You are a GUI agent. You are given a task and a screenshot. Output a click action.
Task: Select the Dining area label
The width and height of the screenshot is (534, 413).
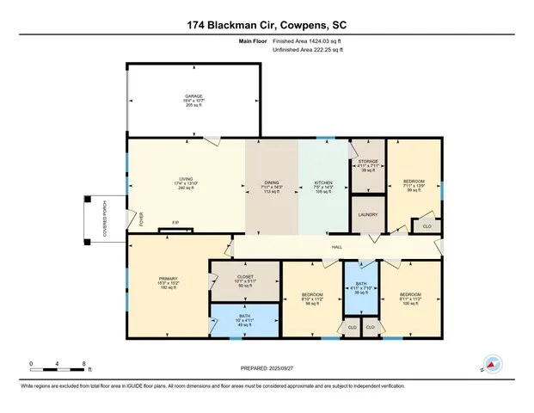[271, 183]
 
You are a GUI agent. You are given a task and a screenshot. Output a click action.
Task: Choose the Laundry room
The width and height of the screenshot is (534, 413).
[367, 215]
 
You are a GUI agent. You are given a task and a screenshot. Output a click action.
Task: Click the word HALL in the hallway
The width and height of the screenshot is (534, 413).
[338, 247]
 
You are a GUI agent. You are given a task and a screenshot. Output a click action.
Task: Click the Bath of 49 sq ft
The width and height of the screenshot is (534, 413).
[246, 320]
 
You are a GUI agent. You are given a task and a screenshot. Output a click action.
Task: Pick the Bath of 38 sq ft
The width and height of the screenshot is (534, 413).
[361, 289]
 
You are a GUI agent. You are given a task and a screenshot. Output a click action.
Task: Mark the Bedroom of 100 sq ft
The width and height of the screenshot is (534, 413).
[409, 299]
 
